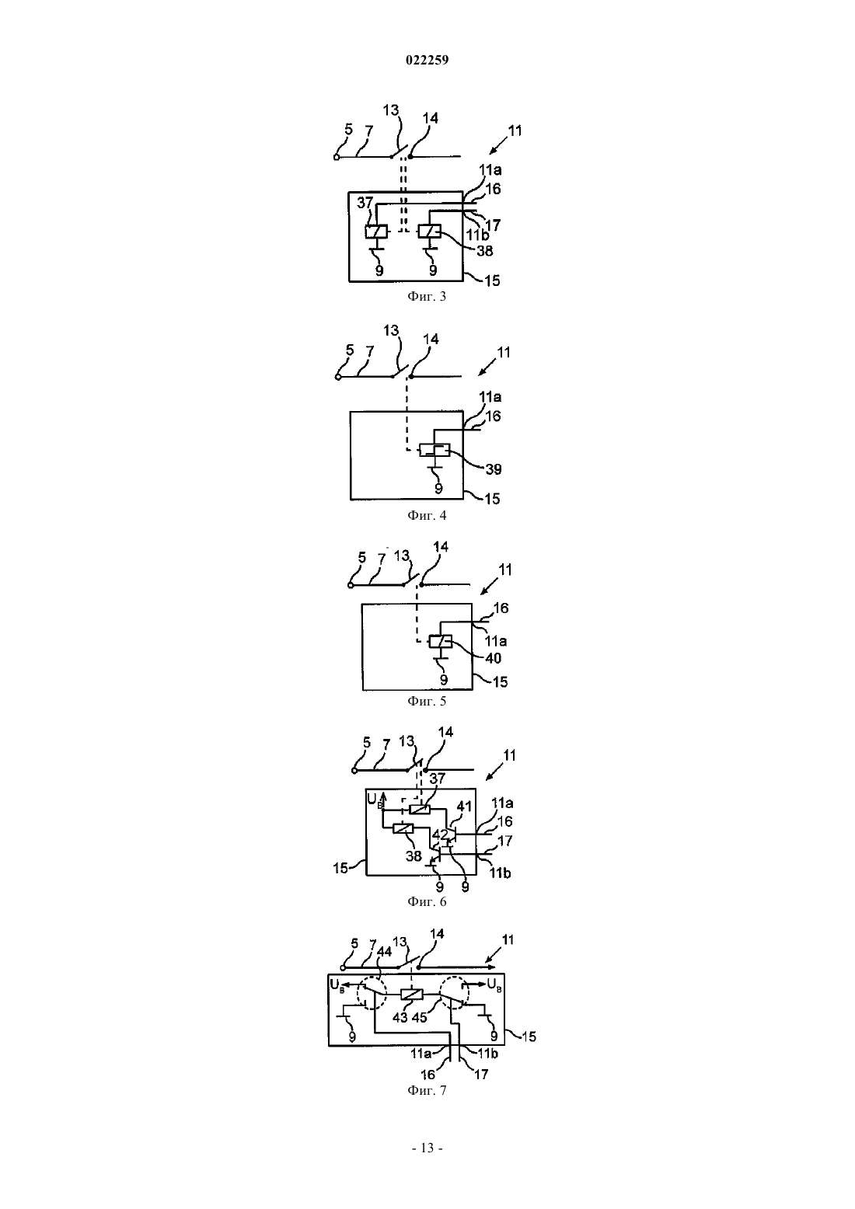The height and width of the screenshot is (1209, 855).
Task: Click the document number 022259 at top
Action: [x=427, y=60]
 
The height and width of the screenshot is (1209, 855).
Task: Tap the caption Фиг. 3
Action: [x=427, y=296]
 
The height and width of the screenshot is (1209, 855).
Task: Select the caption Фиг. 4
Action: [x=427, y=515]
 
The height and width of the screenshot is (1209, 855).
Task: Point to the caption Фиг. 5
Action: [x=427, y=701]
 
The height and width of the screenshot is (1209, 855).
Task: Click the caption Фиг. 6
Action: [x=427, y=901]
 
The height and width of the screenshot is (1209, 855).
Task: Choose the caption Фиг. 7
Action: [x=427, y=1089]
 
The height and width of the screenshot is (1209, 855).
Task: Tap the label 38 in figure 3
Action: [x=485, y=251]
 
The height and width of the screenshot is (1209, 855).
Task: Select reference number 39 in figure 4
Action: [x=494, y=469]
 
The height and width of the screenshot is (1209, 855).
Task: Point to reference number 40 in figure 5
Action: [x=494, y=658]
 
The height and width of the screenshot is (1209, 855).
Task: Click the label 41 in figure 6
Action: [x=464, y=807]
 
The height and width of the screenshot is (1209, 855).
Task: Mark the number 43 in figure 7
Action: [x=400, y=1017]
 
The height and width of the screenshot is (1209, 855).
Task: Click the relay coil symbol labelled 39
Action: [x=434, y=450]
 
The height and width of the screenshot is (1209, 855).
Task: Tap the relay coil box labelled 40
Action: [x=441, y=641]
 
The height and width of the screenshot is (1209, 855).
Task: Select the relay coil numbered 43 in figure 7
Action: [x=412, y=995]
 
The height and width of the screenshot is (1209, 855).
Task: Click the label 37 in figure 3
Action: [x=365, y=202]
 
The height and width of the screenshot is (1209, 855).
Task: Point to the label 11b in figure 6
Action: [x=501, y=873]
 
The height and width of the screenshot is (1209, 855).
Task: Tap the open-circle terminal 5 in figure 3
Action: [x=337, y=157]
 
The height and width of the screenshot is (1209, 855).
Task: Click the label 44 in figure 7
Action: [x=384, y=952]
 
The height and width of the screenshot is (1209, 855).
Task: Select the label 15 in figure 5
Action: [x=501, y=681]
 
